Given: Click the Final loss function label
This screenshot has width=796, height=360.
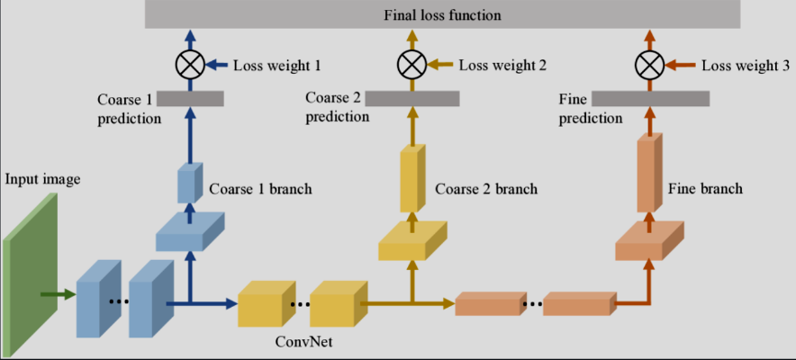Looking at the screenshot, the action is (x=442, y=15).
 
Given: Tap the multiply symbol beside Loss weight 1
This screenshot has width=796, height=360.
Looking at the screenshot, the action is (x=190, y=65).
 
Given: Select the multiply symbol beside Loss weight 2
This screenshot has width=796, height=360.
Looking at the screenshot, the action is (x=412, y=65).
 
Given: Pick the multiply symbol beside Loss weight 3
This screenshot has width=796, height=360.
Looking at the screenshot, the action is (x=649, y=65).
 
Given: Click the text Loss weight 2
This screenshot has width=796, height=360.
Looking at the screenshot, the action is (x=502, y=66).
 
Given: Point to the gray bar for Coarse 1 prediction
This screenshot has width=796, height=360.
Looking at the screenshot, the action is (x=190, y=99).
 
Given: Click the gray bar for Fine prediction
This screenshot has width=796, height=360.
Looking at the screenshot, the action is (x=650, y=99).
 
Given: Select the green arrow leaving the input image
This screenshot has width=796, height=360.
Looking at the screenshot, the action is (x=59, y=294).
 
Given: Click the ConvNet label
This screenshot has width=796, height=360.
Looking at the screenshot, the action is (x=304, y=342).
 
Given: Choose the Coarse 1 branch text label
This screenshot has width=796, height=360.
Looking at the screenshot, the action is (x=260, y=190).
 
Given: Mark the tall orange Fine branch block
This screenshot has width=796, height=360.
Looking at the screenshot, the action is (x=650, y=173).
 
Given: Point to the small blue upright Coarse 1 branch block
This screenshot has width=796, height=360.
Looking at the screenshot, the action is (x=190, y=183).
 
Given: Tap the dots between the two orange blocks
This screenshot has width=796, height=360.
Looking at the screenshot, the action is (x=531, y=305).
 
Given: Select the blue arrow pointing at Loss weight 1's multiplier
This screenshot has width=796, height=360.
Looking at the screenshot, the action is (x=218, y=65).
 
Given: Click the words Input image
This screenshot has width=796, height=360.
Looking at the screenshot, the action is (x=43, y=179).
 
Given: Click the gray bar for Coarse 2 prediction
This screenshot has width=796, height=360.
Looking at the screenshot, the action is (x=412, y=99).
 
